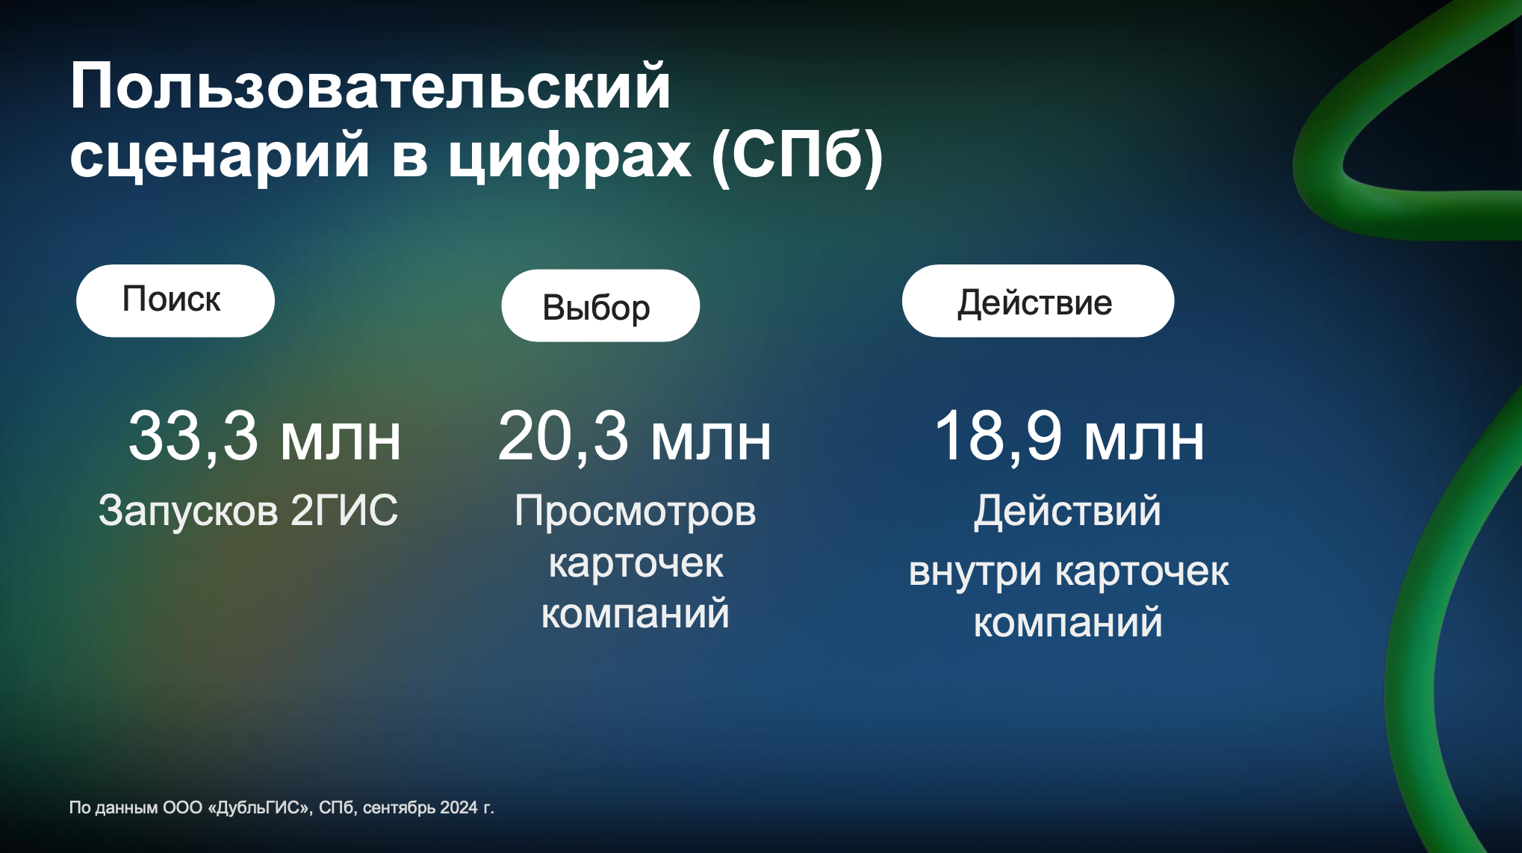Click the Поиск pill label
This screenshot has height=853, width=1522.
pyautogui.click(x=172, y=300)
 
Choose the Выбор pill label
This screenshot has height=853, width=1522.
pyautogui.click(x=597, y=308)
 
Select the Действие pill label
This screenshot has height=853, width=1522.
pyautogui.click(x=1035, y=303)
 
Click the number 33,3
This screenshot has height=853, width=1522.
pyautogui.click(x=193, y=436)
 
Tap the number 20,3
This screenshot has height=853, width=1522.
pyautogui.click(x=563, y=436)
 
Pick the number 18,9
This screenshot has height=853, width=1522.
pyautogui.click(x=998, y=436)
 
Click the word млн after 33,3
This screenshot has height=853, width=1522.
pyautogui.click(x=341, y=440)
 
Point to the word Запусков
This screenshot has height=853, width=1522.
pyautogui.click(x=188, y=511)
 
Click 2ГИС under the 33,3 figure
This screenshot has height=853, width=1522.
pyautogui.click(x=344, y=510)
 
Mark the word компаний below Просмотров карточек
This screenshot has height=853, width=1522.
pyautogui.click(x=636, y=613)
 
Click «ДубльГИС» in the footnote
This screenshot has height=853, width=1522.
pyautogui.click(x=260, y=807)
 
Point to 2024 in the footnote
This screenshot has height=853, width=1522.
pyautogui.click(x=459, y=807)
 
